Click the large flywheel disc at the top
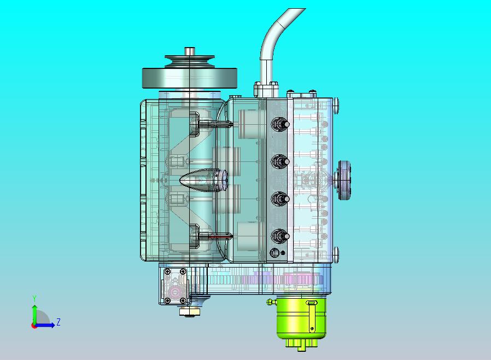189,78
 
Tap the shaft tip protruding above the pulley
189,51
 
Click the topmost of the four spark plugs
279,124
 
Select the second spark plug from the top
279,161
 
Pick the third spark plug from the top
279,199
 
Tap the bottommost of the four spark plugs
279,236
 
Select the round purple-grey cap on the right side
344,180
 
